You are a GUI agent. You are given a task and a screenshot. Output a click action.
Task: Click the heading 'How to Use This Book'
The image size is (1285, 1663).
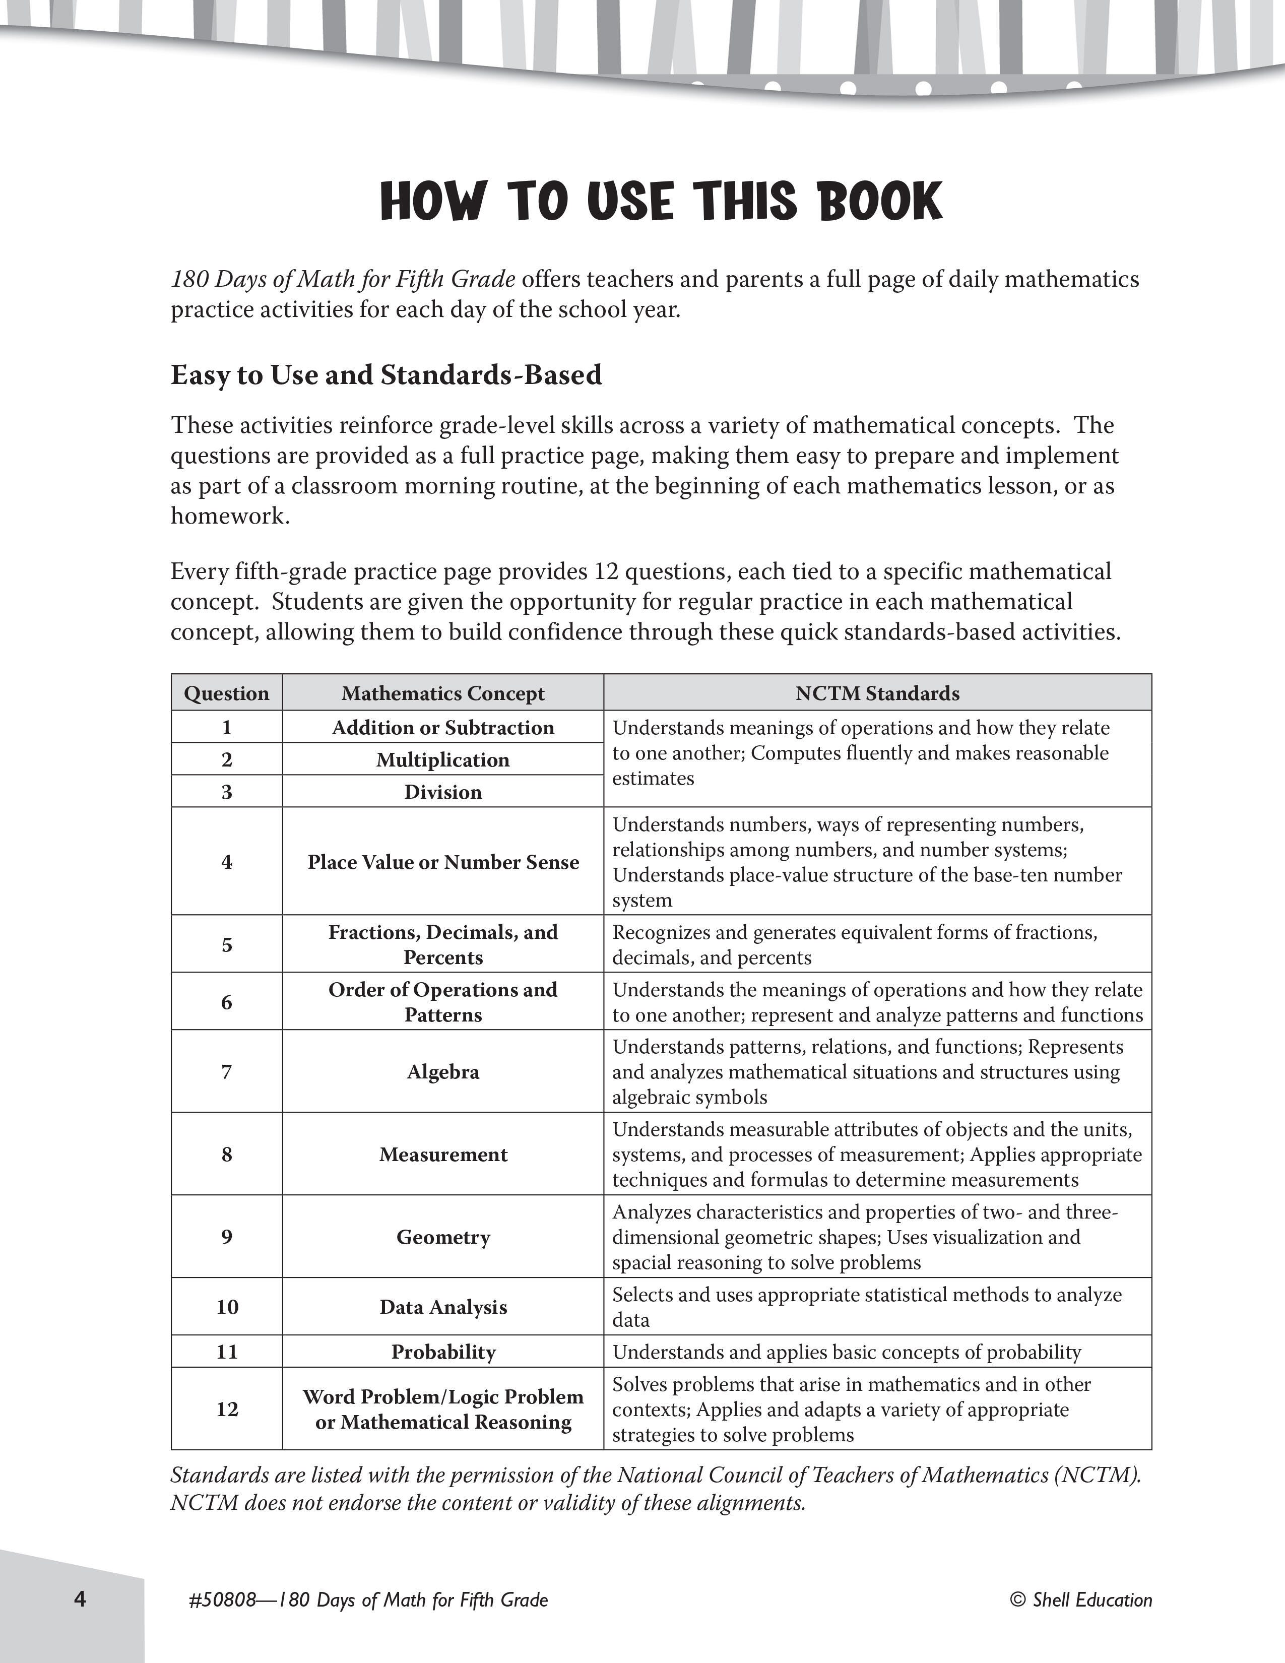tap(661, 202)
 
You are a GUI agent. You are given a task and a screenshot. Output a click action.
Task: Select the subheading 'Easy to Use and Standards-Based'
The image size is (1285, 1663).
tap(386, 374)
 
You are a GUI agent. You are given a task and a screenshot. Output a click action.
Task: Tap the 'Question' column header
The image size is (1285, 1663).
tap(227, 693)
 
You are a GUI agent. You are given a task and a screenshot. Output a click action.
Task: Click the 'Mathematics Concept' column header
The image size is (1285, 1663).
tap(443, 693)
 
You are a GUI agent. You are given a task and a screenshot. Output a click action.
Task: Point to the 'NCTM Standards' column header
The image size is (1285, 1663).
tap(877, 693)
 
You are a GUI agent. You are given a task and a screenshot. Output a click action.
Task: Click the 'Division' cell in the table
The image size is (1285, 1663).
tap(443, 792)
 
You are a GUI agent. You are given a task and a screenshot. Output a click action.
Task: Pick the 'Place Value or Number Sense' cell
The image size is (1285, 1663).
tap(443, 862)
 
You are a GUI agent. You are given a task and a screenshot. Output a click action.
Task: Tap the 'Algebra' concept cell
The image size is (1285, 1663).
tap(443, 1072)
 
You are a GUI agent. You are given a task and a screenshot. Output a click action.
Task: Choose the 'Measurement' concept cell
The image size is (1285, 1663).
tap(443, 1155)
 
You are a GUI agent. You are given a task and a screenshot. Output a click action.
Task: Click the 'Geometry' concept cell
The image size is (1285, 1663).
tap(443, 1237)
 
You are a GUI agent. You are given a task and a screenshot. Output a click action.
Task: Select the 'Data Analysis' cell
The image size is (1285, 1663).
tap(443, 1307)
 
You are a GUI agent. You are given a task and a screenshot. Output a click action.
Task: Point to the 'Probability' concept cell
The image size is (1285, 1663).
tap(443, 1352)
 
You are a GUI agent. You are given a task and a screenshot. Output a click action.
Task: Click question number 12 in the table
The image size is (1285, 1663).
tap(227, 1409)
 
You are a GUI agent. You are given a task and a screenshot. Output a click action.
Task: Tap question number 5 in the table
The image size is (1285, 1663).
tap(227, 945)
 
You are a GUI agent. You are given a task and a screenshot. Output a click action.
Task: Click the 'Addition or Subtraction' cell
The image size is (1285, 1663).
tap(443, 727)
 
